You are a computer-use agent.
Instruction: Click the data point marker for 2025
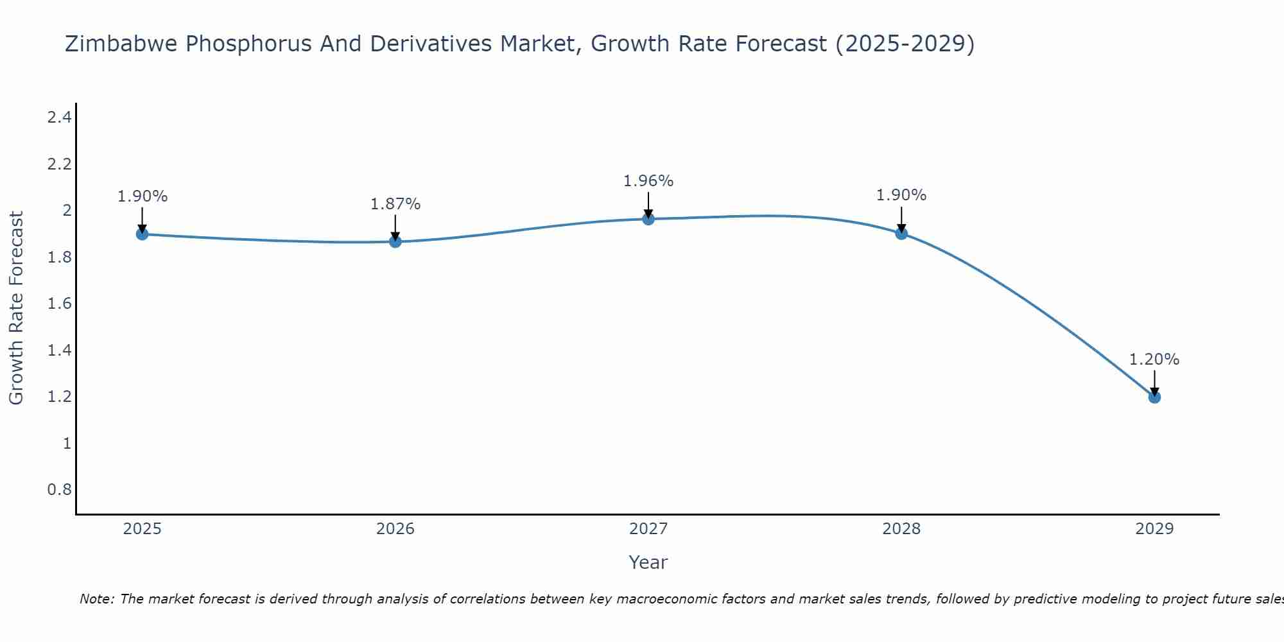click(143, 234)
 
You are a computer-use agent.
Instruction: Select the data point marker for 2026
click(395, 241)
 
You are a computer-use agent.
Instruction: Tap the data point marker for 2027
click(648, 219)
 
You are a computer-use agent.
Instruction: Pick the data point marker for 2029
click(1154, 397)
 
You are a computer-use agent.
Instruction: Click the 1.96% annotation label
click(648, 181)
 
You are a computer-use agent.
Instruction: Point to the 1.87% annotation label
click(395, 204)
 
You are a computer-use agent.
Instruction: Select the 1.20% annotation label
click(1154, 360)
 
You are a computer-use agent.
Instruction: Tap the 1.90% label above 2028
click(901, 195)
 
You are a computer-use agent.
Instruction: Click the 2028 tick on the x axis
click(901, 529)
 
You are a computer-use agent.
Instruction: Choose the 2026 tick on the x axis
click(395, 529)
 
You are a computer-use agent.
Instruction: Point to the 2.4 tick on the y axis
click(59, 117)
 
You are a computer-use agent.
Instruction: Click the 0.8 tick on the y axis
click(59, 490)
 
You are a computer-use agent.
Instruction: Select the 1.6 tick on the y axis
click(59, 304)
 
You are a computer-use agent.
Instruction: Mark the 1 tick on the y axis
click(67, 444)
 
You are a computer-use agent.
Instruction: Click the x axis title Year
click(648, 562)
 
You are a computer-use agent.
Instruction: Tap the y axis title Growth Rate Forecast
click(17, 308)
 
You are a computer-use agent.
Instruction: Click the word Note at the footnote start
click(97, 599)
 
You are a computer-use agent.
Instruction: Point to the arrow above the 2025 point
click(143, 220)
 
